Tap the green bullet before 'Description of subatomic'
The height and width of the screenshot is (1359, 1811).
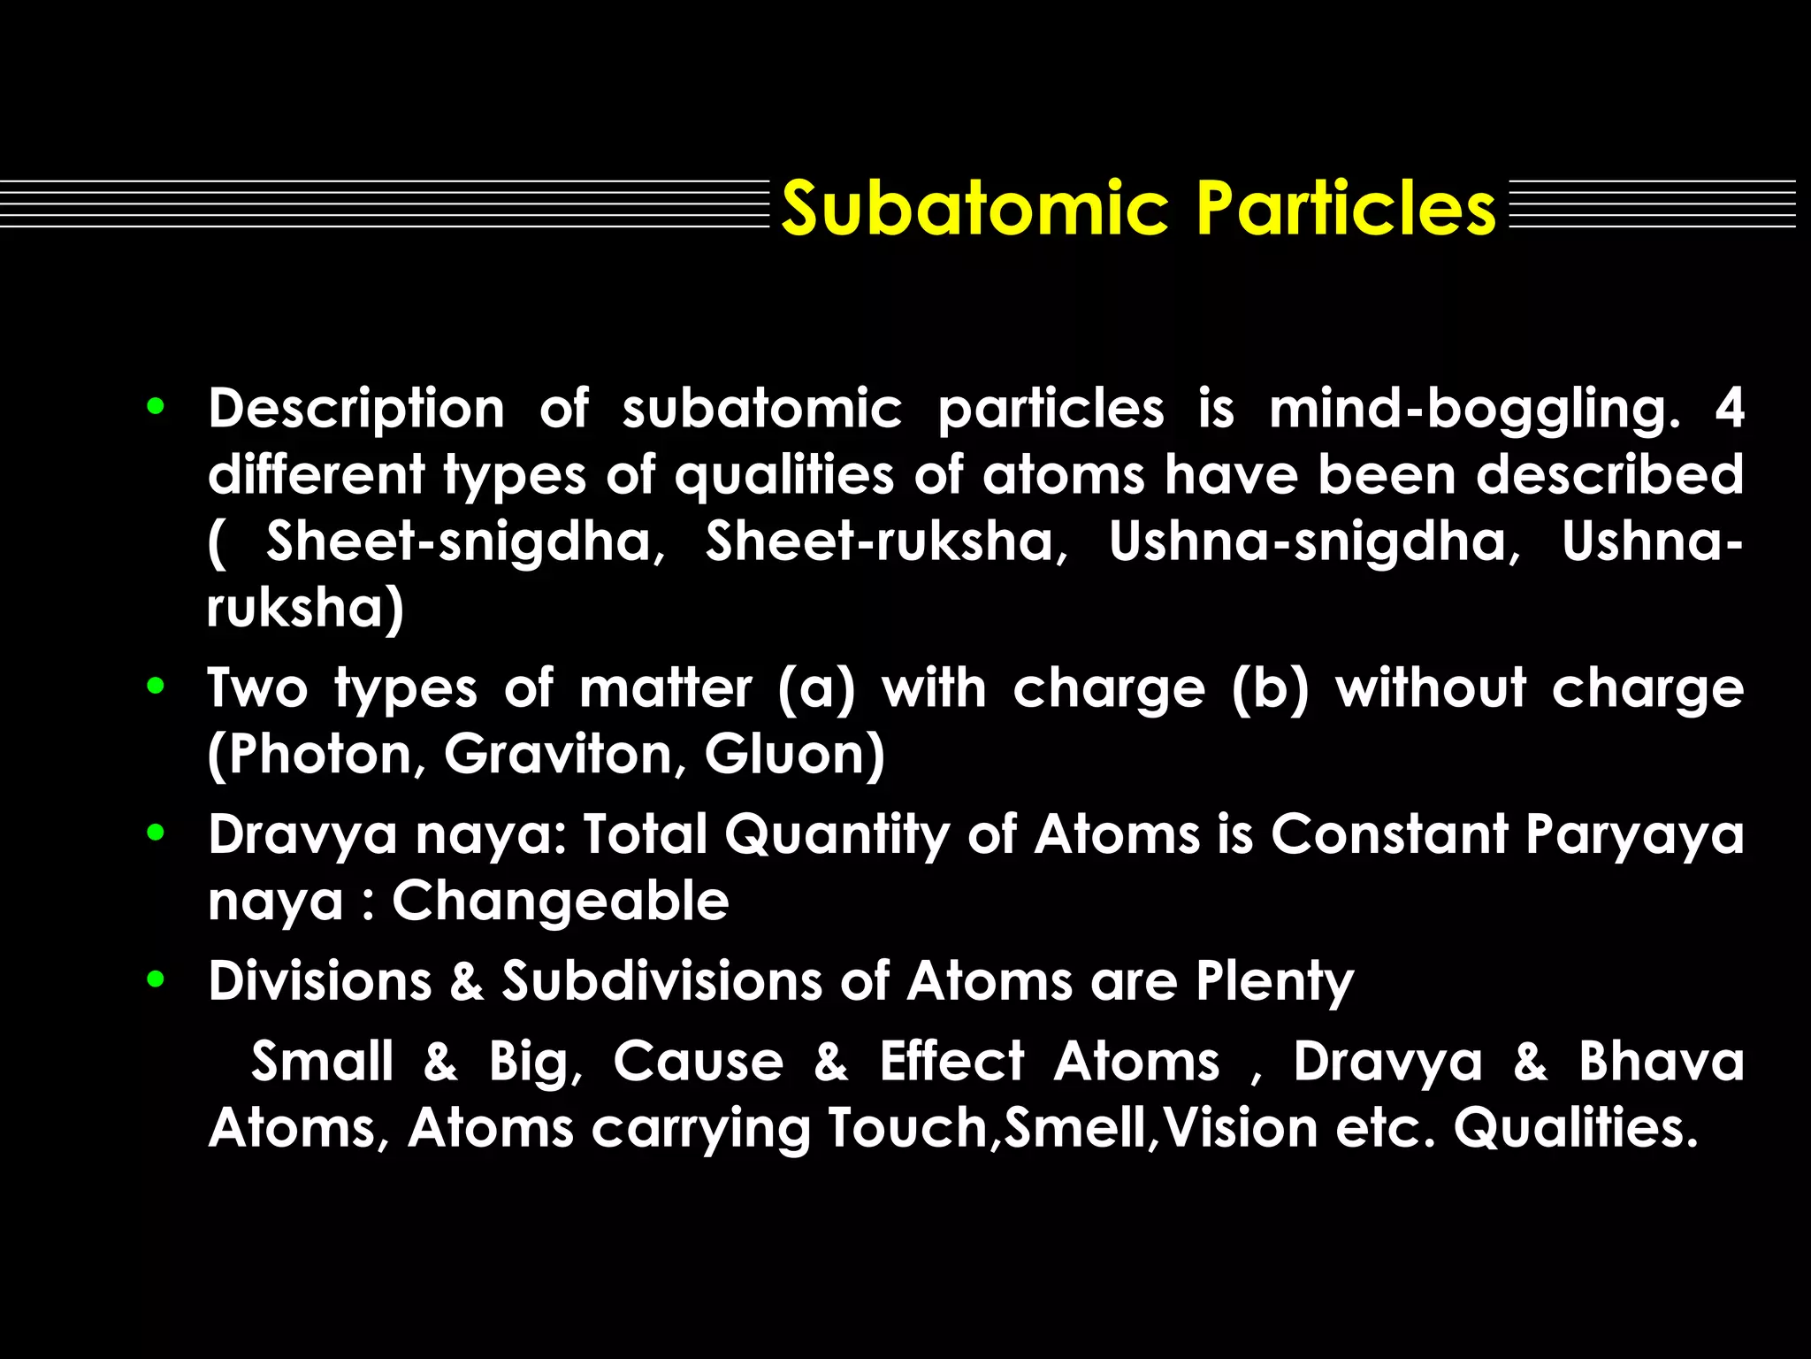pyautogui.click(x=157, y=407)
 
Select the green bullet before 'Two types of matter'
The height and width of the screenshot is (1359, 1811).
pyautogui.click(x=157, y=686)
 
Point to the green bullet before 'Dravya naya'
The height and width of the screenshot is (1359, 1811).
pyautogui.click(x=157, y=833)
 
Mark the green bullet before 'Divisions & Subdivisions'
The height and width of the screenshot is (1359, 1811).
pyautogui.click(x=157, y=979)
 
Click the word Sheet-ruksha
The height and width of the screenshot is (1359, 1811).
pyautogui.click(x=885, y=541)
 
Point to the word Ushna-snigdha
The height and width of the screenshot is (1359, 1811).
pyautogui.click(x=1312, y=541)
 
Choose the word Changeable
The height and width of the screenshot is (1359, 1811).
pyautogui.click(x=561, y=902)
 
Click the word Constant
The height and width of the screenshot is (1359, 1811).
pyautogui.click(x=1389, y=834)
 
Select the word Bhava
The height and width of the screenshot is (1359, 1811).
pyautogui.click(x=1661, y=1061)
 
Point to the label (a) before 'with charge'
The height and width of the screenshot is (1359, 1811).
pyautogui.click(x=816, y=689)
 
